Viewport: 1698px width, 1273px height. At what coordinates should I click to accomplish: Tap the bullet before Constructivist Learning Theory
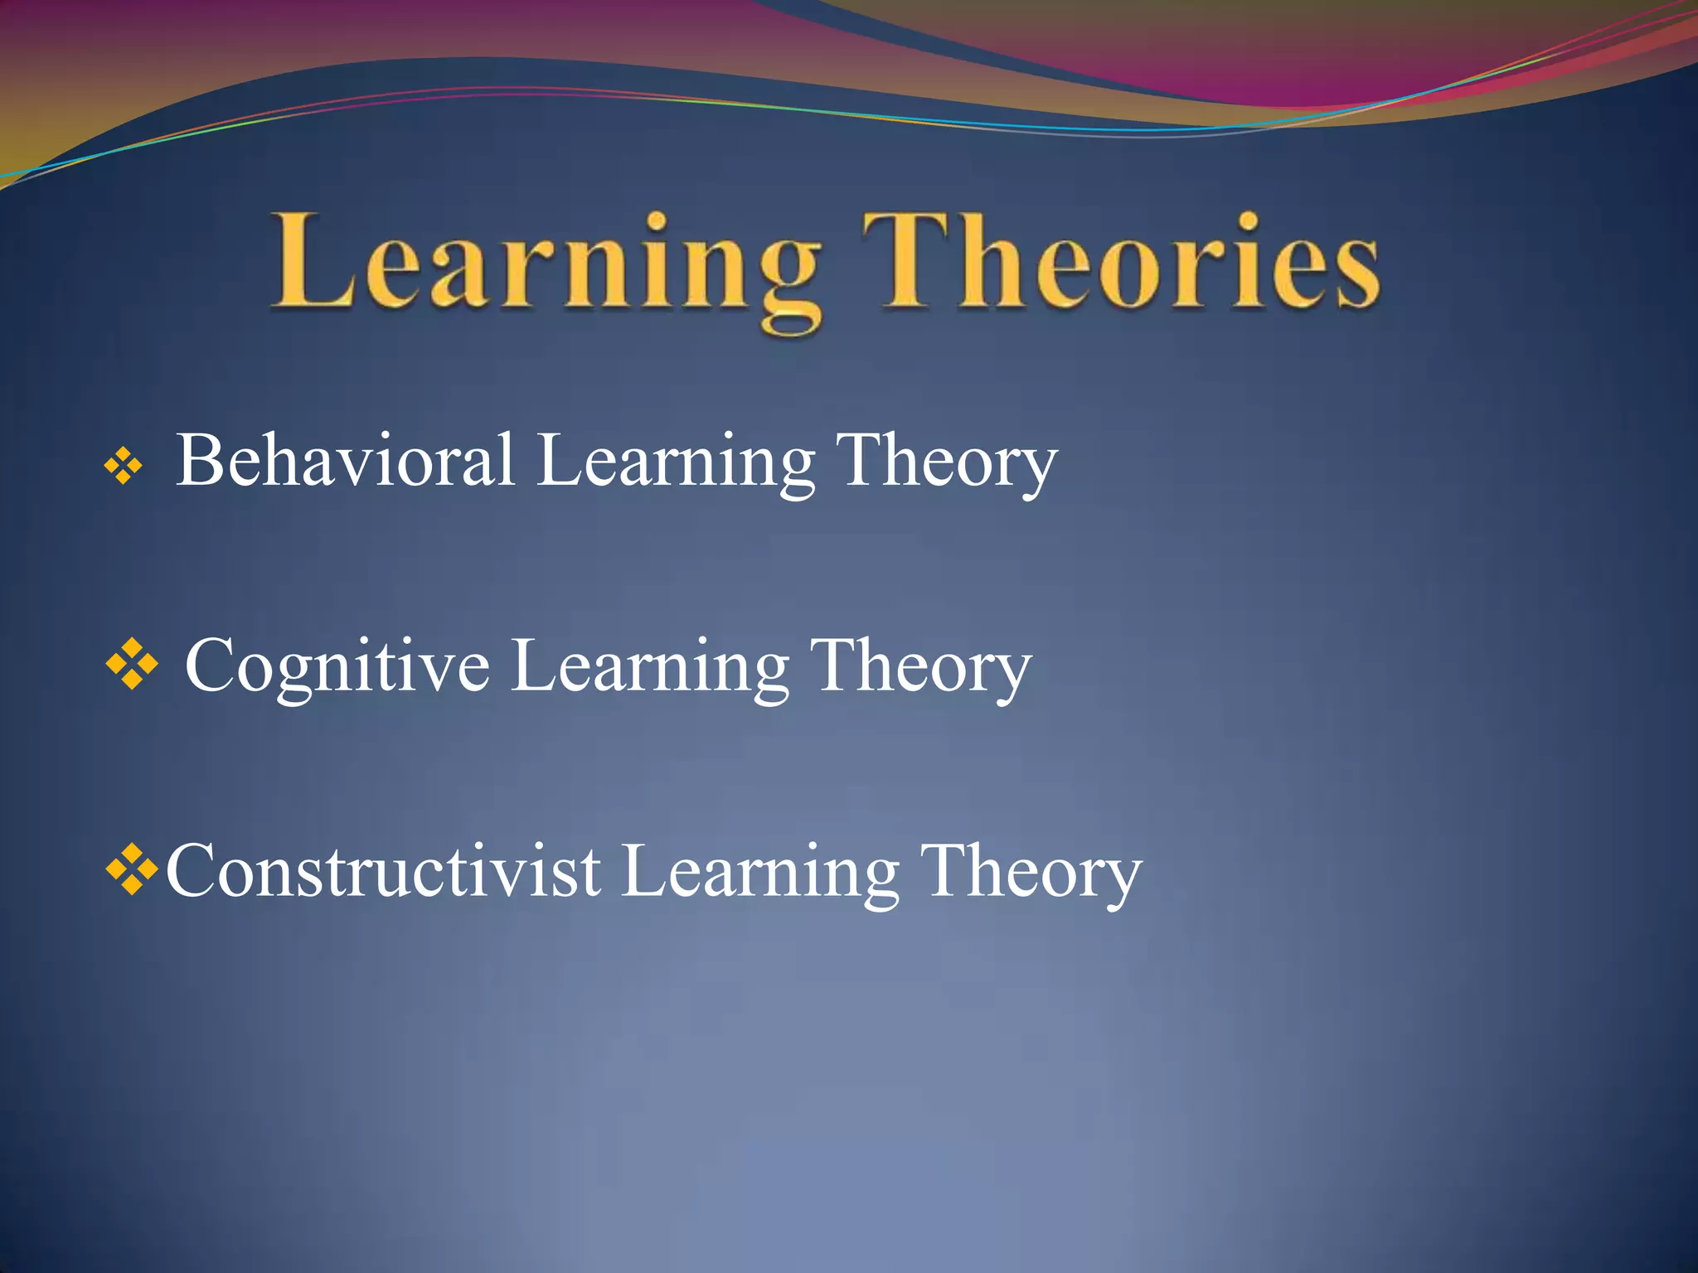(x=133, y=870)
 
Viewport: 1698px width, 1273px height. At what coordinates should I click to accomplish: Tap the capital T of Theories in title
(x=908, y=260)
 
